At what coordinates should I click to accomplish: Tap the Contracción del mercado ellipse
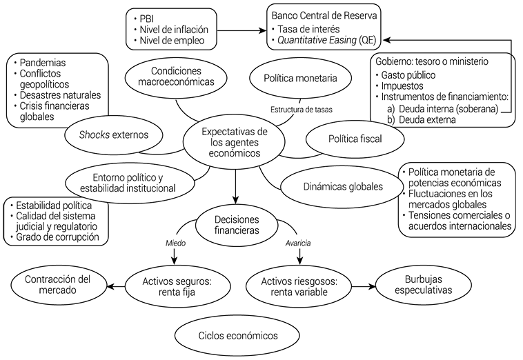pos(57,284)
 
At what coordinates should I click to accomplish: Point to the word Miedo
pos(175,243)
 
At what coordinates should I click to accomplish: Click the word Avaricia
pos(299,243)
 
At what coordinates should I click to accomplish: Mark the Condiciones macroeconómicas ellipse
pos(180,77)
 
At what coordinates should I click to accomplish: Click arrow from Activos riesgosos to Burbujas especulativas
pos(357,285)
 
